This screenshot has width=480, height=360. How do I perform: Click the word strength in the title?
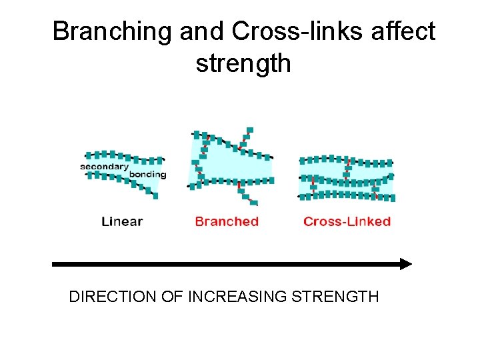(x=243, y=63)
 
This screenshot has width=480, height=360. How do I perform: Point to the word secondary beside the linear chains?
(x=105, y=166)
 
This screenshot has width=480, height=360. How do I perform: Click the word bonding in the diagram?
(x=147, y=175)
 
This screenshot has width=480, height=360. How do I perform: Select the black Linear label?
(x=122, y=221)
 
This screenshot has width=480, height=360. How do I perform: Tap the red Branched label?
(x=227, y=221)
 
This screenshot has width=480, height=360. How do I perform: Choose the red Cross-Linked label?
(x=347, y=221)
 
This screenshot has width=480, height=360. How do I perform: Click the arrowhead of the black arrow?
(x=406, y=264)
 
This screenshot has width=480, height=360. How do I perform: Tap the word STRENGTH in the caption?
(x=335, y=296)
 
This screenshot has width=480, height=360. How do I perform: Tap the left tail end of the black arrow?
(x=55, y=264)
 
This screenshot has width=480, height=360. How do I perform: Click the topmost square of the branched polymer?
(x=250, y=130)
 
